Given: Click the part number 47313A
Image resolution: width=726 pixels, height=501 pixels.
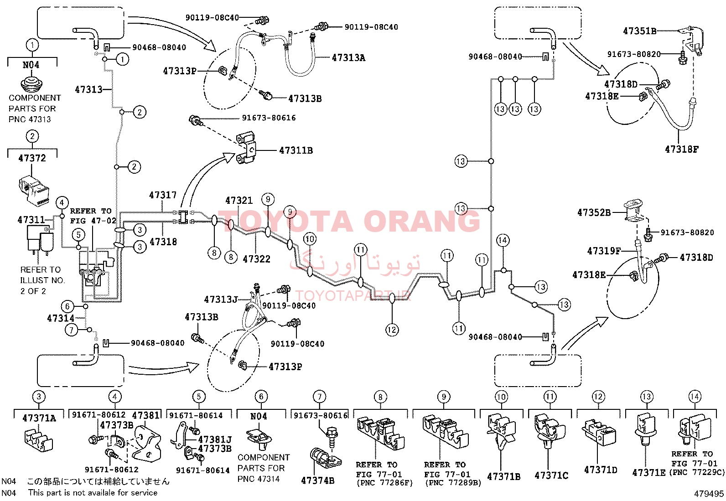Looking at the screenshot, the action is [348, 58].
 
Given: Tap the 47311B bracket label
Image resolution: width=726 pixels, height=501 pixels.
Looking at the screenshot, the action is [296, 150].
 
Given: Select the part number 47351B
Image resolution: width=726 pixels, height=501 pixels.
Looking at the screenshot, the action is [639, 31].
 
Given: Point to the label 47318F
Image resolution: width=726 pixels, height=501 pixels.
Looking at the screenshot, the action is [682, 150].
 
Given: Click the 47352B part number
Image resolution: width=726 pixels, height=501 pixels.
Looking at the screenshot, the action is [594, 212].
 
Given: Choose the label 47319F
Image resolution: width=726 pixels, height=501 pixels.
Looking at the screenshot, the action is [604, 251].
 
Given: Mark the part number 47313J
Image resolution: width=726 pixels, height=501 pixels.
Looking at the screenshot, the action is [221, 300].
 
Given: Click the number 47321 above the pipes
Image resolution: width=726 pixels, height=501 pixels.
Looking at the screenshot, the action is [239, 200].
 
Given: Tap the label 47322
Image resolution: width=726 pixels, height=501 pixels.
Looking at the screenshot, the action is [256, 259].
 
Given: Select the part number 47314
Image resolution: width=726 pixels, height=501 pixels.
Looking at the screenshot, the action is [61, 318].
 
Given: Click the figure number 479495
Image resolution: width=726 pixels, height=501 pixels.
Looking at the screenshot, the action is [709, 494].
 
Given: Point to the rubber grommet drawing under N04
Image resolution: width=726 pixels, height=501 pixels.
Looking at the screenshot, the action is [32, 83].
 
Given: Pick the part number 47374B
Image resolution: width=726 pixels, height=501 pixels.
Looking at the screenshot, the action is [317, 480].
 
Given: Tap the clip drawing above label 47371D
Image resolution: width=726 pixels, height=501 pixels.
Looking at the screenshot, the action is [598, 432].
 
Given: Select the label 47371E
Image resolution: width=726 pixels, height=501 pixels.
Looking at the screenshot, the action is [648, 473].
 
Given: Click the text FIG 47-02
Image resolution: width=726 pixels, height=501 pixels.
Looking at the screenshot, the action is [93, 221].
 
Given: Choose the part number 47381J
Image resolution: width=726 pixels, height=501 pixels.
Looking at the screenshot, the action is [215, 439].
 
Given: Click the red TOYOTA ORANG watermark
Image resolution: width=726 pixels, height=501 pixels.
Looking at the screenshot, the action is [349, 221].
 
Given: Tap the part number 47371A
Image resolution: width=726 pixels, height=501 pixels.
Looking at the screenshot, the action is [39, 418].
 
